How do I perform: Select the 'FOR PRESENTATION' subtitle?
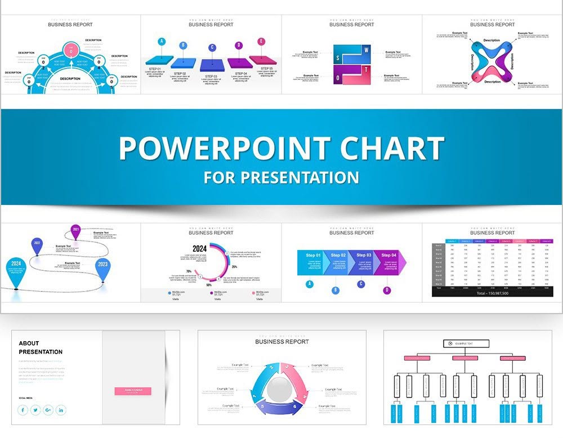pos(281,178)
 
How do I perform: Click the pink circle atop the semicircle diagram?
pos(70,48)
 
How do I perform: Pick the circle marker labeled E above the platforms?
pos(261,42)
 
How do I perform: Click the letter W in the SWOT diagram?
pos(367,50)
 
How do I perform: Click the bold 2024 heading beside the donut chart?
pos(199,248)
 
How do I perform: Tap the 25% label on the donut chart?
pos(234,267)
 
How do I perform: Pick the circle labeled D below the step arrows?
pos(386,290)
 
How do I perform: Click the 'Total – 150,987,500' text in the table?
pos(492,293)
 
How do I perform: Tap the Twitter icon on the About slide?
pos(35,410)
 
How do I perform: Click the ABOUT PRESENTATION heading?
pos(41,347)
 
